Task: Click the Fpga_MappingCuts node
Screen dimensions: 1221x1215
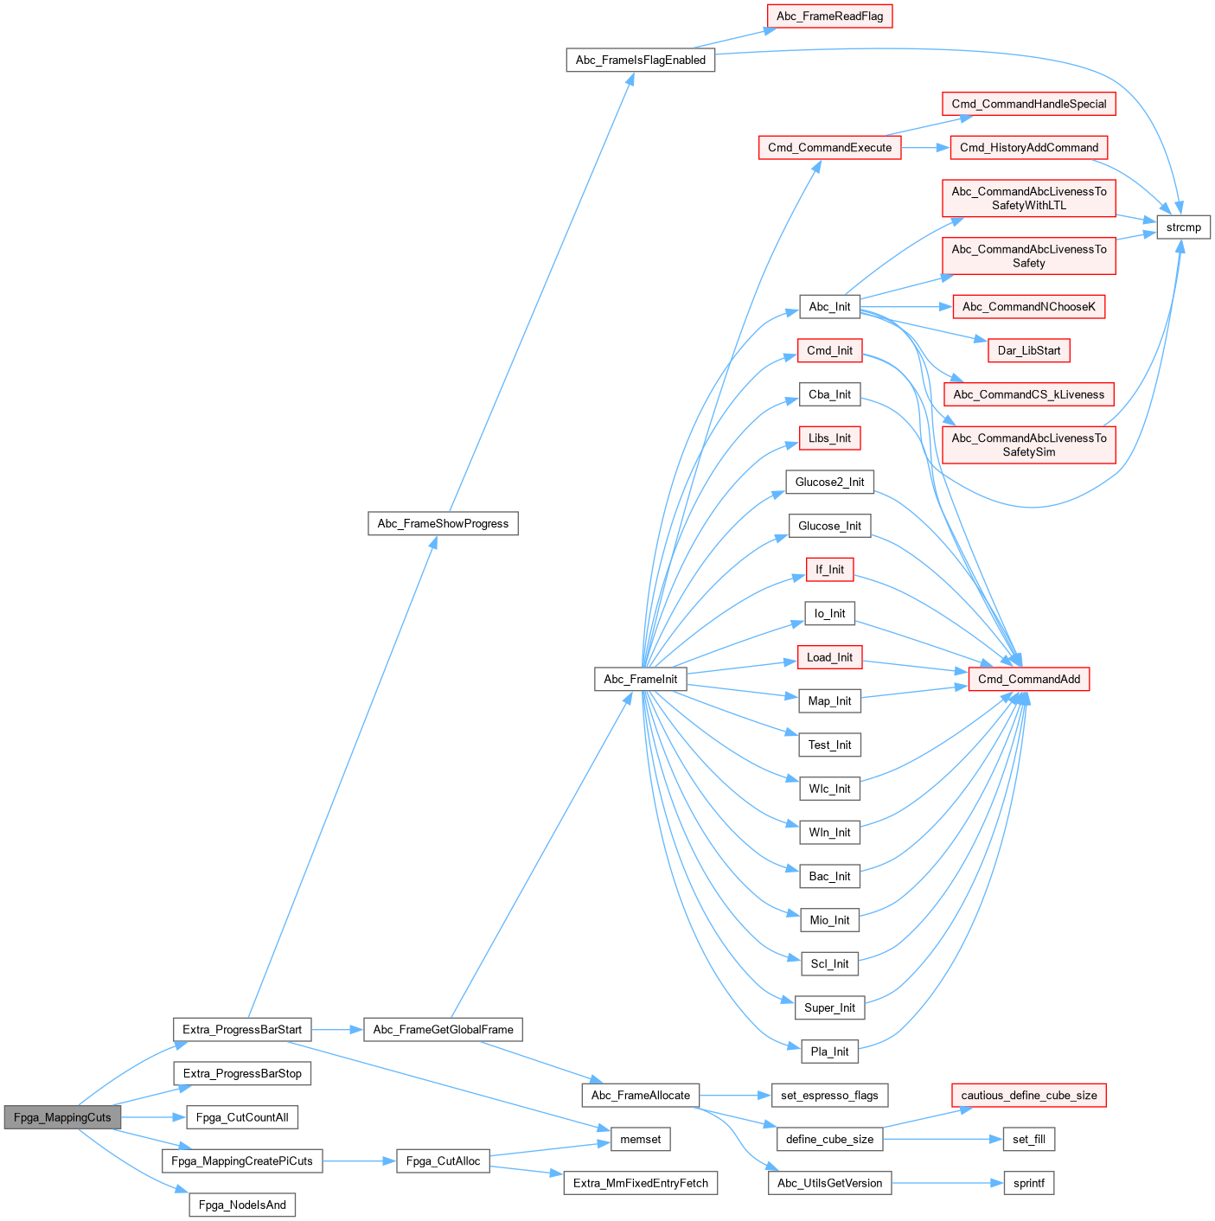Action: coord(62,1117)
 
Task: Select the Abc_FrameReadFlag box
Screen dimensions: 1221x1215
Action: coord(829,16)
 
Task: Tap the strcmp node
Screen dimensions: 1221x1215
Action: coord(1183,227)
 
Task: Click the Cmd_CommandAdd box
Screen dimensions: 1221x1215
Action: coord(1028,679)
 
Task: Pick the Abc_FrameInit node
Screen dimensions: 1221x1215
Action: coord(640,679)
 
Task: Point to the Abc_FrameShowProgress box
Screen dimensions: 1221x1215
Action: coord(443,523)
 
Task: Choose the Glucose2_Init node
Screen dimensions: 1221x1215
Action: coord(829,482)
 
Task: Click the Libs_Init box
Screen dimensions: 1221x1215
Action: coord(829,438)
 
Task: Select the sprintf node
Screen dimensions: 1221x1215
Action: coord(1028,1183)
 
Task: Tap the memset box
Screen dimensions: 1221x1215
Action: coord(640,1140)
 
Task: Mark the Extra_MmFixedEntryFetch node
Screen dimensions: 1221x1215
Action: coord(640,1183)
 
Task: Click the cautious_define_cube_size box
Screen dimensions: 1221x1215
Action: coord(1028,1096)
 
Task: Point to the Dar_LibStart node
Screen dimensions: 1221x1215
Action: coord(1028,350)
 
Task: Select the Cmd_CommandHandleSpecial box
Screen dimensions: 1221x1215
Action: coord(1028,104)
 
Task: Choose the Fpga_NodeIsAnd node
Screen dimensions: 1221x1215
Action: coord(242,1205)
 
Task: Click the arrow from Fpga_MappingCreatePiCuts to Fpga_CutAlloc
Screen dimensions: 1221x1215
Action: coord(359,1161)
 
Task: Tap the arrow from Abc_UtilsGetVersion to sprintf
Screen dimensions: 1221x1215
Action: coord(947,1183)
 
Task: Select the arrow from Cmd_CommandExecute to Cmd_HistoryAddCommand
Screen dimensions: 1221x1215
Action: coord(925,148)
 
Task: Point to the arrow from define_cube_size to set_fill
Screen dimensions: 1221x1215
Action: coord(943,1140)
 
